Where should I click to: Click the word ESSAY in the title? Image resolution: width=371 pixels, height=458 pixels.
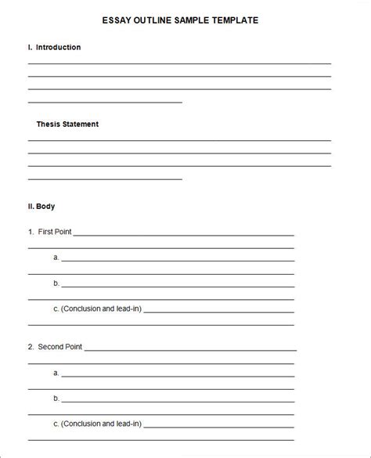(117, 20)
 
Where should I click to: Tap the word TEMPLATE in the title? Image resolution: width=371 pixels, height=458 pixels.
(232, 20)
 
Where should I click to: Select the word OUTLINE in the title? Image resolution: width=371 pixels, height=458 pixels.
(155, 20)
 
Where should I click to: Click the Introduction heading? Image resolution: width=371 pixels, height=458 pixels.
(58, 48)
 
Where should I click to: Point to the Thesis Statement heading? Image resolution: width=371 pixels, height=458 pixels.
(67, 124)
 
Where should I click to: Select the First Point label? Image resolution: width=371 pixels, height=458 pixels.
(55, 232)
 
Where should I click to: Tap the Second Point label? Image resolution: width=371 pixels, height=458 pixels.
(59, 346)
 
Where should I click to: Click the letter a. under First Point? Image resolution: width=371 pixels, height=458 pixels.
(56, 257)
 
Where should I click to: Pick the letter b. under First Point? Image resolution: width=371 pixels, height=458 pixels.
(56, 283)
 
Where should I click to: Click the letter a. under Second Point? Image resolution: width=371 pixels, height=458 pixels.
(56, 373)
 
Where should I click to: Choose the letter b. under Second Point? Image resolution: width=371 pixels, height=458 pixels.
(56, 398)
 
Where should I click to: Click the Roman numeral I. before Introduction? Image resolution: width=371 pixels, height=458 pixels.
(30, 48)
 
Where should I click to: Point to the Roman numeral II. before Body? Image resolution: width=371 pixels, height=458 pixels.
(31, 207)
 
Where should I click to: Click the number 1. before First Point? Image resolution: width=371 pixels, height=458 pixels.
(31, 232)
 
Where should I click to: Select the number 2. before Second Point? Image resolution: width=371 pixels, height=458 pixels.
(31, 346)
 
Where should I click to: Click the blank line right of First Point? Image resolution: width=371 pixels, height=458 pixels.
(184, 234)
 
